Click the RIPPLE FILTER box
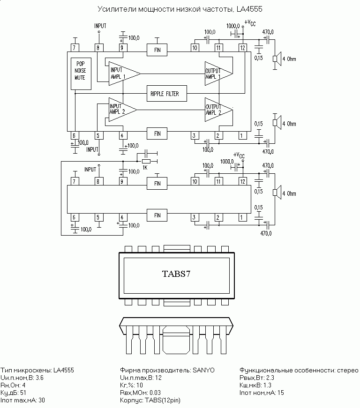166,93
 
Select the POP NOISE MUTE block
81,74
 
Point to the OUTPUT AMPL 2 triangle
218,110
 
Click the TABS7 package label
176,274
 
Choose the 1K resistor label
145,168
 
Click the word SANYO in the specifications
203,370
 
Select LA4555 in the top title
249,9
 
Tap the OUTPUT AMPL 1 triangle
218,74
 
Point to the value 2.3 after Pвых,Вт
270,378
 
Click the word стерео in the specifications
348,370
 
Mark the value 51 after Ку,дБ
23,393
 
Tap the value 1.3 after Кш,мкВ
267,386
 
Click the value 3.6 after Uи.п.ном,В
39,378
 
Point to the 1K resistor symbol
146,161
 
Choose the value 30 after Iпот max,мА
42,401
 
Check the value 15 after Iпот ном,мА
281,393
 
